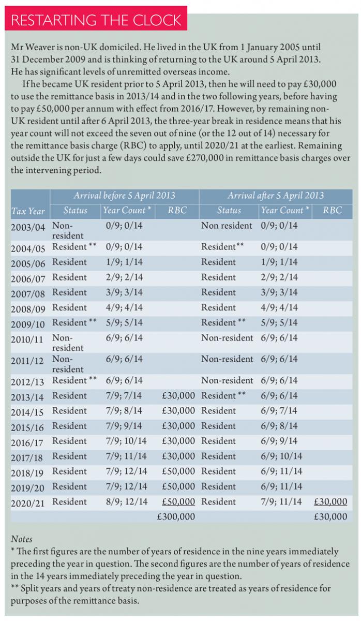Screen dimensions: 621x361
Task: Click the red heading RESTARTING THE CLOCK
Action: click(x=96, y=20)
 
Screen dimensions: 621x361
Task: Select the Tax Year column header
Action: click(x=28, y=211)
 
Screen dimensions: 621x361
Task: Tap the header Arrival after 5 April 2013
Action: click(x=276, y=196)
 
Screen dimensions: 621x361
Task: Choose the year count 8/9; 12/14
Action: click(x=126, y=501)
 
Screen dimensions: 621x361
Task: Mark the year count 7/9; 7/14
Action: click(x=124, y=395)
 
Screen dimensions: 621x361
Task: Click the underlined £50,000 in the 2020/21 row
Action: click(x=178, y=501)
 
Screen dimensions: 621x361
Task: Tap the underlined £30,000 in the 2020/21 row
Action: click(x=330, y=501)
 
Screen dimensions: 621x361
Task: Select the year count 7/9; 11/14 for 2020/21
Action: click(x=281, y=501)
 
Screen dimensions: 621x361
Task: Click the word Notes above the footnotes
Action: click(x=21, y=539)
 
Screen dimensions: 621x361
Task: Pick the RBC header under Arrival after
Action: click(x=333, y=211)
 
